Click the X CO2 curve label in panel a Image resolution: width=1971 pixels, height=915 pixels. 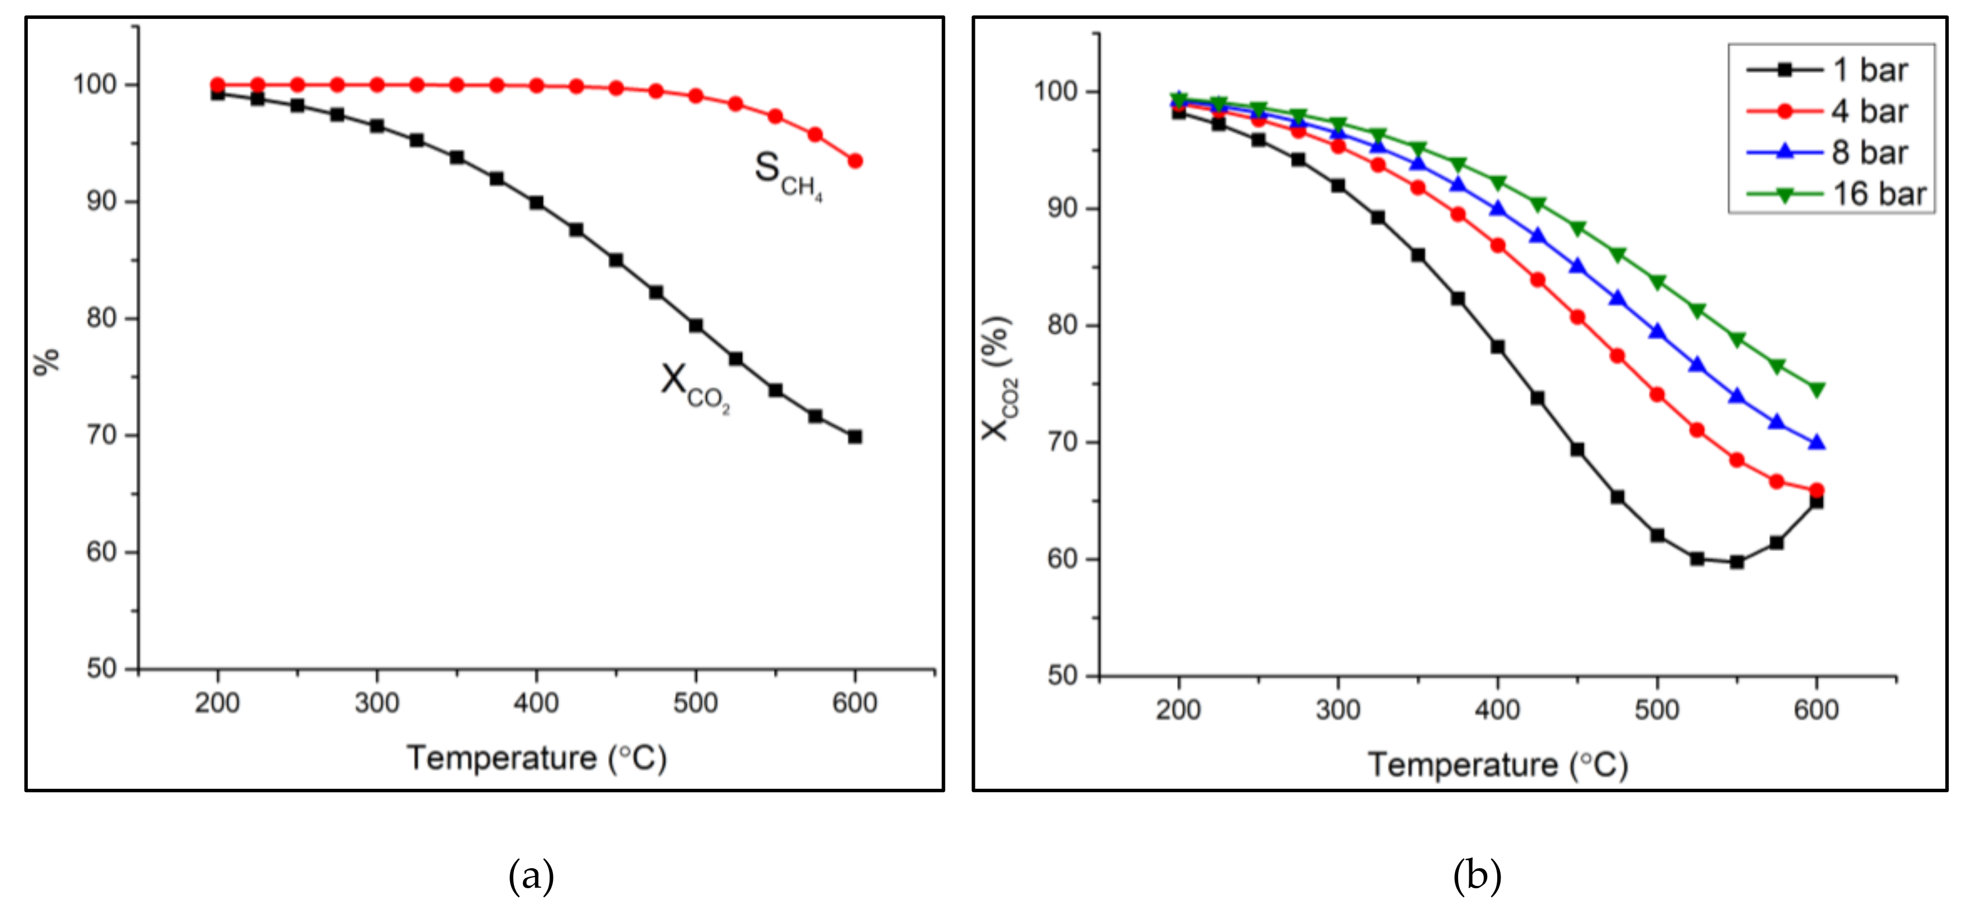click(x=695, y=387)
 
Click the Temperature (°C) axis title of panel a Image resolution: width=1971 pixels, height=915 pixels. click(x=536, y=758)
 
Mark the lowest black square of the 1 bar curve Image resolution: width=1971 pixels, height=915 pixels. click(x=1737, y=562)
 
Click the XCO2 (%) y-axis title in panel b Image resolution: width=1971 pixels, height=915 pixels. click(x=998, y=379)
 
